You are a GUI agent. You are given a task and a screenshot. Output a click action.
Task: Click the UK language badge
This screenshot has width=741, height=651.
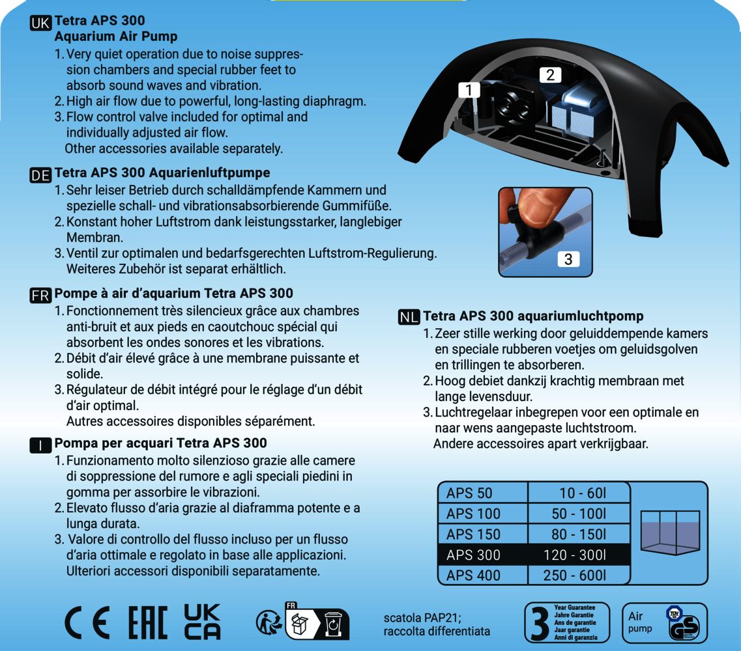pyautogui.click(x=40, y=23)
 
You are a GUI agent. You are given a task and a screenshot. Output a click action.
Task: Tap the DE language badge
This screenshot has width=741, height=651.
pyautogui.click(x=40, y=175)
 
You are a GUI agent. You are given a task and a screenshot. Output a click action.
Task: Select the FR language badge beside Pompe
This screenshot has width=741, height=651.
pyautogui.click(x=40, y=296)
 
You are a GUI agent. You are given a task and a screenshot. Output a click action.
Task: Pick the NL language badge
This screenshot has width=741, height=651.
pyautogui.click(x=409, y=317)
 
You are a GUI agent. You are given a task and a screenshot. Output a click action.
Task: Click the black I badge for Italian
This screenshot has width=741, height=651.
pyautogui.click(x=40, y=445)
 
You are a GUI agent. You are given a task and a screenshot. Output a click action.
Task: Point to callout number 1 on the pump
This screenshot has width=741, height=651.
pyautogui.click(x=469, y=90)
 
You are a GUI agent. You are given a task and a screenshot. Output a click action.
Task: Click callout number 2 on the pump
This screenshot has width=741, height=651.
pyautogui.click(x=551, y=75)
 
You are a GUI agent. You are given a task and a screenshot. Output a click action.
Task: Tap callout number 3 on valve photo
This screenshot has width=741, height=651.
pyautogui.click(x=568, y=259)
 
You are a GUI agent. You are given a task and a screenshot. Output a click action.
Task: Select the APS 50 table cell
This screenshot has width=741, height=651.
pyautogui.click(x=482, y=493)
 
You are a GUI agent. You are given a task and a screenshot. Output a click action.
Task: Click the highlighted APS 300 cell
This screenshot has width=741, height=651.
pyautogui.click(x=482, y=555)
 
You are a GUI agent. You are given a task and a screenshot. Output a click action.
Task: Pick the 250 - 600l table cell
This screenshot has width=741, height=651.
pyautogui.click(x=579, y=575)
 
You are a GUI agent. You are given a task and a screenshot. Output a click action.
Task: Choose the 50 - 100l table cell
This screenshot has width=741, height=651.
pyautogui.click(x=579, y=514)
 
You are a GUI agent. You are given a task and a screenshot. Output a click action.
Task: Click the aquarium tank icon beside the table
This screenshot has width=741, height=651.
pyautogui.click(x=670, y=533)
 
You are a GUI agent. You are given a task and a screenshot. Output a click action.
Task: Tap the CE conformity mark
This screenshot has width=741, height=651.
pyautogui.click(x=87, y=622)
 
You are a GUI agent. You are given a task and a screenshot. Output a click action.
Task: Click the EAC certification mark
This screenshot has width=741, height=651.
pyautogui.click(x=148, y=622)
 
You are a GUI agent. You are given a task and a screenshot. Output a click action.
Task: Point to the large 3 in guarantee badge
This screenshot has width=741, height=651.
pyautogui.click(x=540, y=623)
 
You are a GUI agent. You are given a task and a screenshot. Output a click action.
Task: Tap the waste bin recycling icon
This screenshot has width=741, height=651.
pyautogui.click(x=333, y=624)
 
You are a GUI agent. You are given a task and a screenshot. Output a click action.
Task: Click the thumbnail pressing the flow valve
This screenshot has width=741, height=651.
pyautogui.click(x=545, y=232)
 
